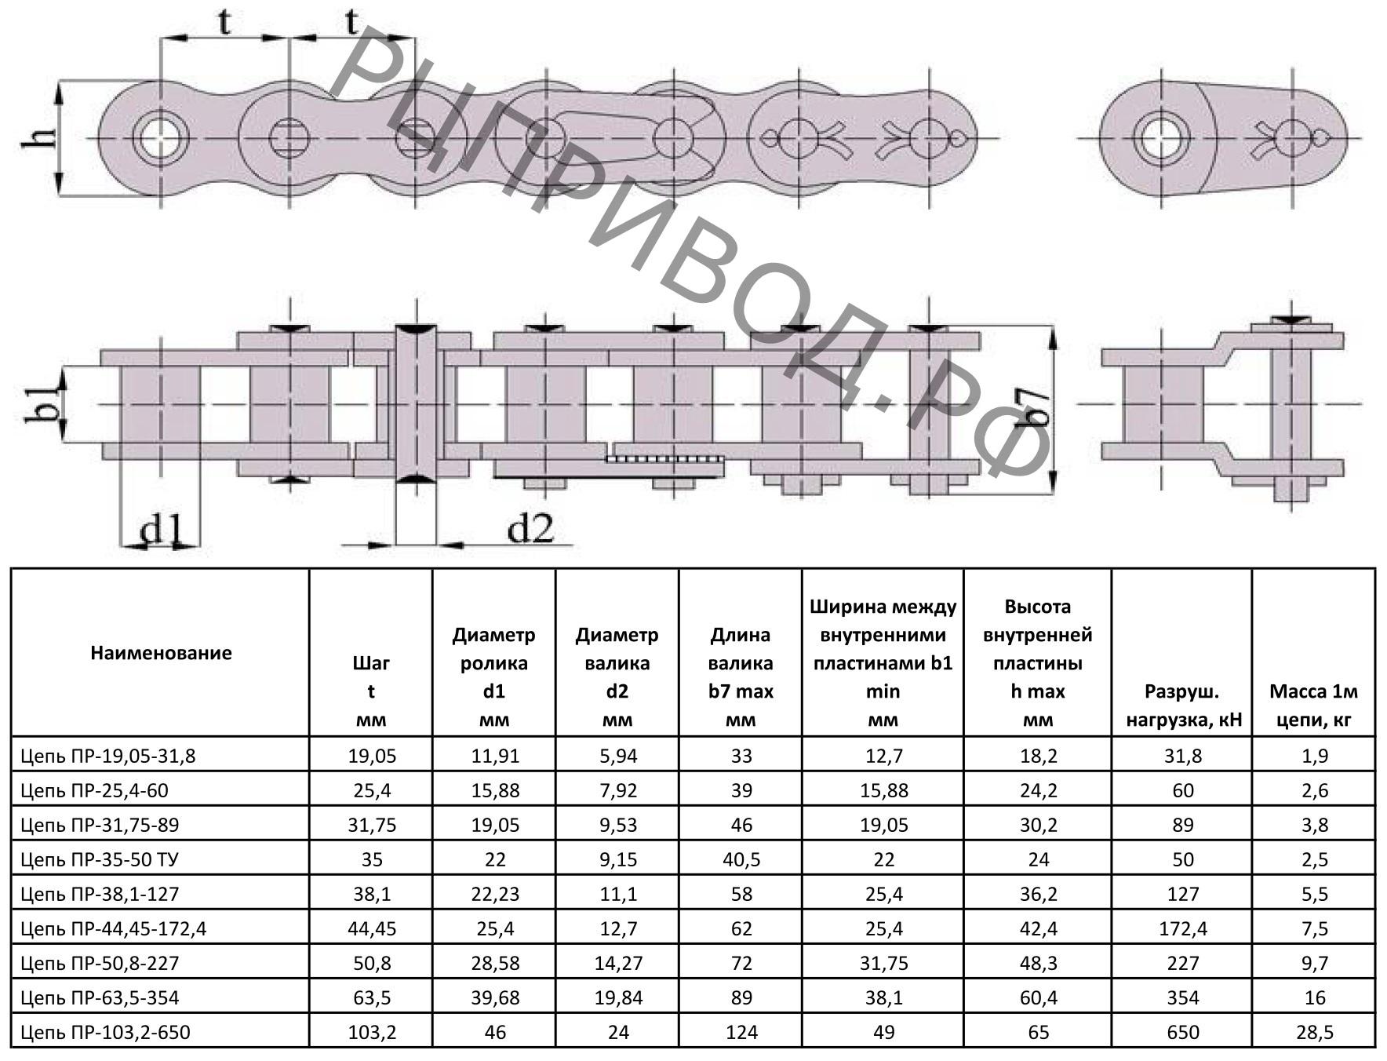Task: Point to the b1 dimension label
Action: pyautogui.click(x=41, y=404)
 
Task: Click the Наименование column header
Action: pyautogui.click(x=161, y=653)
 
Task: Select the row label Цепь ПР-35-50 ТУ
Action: pyautogui.click(x=100, y=859)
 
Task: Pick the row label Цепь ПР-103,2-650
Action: pyautogui.click(x=105, y=1032)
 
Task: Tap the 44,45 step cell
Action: pyautogui.click(x=372, y=928)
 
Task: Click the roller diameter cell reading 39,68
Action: pyautogui.click(x=495, y=997)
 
